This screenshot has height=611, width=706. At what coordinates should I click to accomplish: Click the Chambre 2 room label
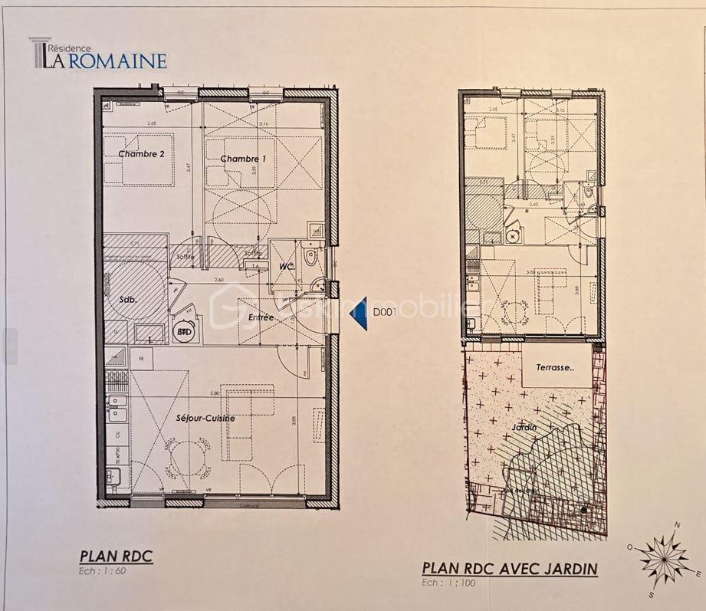pos(141,154)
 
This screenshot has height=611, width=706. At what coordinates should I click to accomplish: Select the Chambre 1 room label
pos(243,159)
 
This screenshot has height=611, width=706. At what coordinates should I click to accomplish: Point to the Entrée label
pos(261,317)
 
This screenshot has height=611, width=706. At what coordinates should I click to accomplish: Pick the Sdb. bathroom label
pos(127,300)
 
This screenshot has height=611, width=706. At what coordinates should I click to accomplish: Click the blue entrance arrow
pos(358,314)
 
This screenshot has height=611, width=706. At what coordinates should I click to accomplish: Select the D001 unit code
pos(386,313)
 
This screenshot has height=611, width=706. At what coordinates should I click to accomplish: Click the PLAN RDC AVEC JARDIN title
pos(509,569)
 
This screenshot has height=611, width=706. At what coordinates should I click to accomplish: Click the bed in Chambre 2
pos(139,159)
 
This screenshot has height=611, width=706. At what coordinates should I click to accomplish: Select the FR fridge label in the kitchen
pos(141,358)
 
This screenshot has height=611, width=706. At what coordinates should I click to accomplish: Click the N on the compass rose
pos(677,525)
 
